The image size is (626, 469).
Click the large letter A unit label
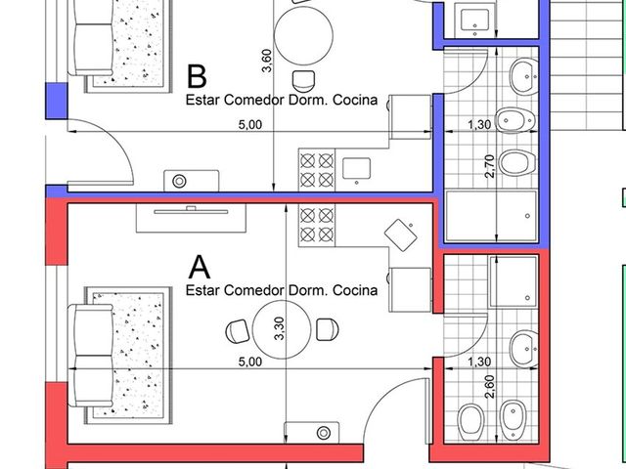[x=200, y=267]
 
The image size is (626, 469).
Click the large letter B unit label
[x=197, y=76]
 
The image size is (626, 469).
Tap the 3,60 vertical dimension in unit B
[x=267, y=61]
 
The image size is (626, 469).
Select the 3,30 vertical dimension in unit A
[x=280, y=328]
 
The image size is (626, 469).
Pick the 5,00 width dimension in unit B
[x=250, y=125]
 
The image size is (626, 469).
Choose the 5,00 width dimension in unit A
[x=250, y=362]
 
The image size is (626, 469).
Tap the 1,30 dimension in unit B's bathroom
[x=479, y=125]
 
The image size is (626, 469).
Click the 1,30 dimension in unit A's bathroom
[x=479, y=362]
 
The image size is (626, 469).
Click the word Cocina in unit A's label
[x=355, y=290]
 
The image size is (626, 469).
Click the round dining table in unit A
[x=282, y=330]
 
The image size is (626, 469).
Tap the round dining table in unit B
[x=303, y=35]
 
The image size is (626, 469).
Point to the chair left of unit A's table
[x=237, y=331]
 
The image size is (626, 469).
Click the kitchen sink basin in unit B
[x=356, y=168]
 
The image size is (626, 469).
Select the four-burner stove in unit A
[x=317, y=226]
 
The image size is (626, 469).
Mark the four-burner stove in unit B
[x=317, y=170]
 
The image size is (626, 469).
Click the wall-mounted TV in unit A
[x=192, y=211]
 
